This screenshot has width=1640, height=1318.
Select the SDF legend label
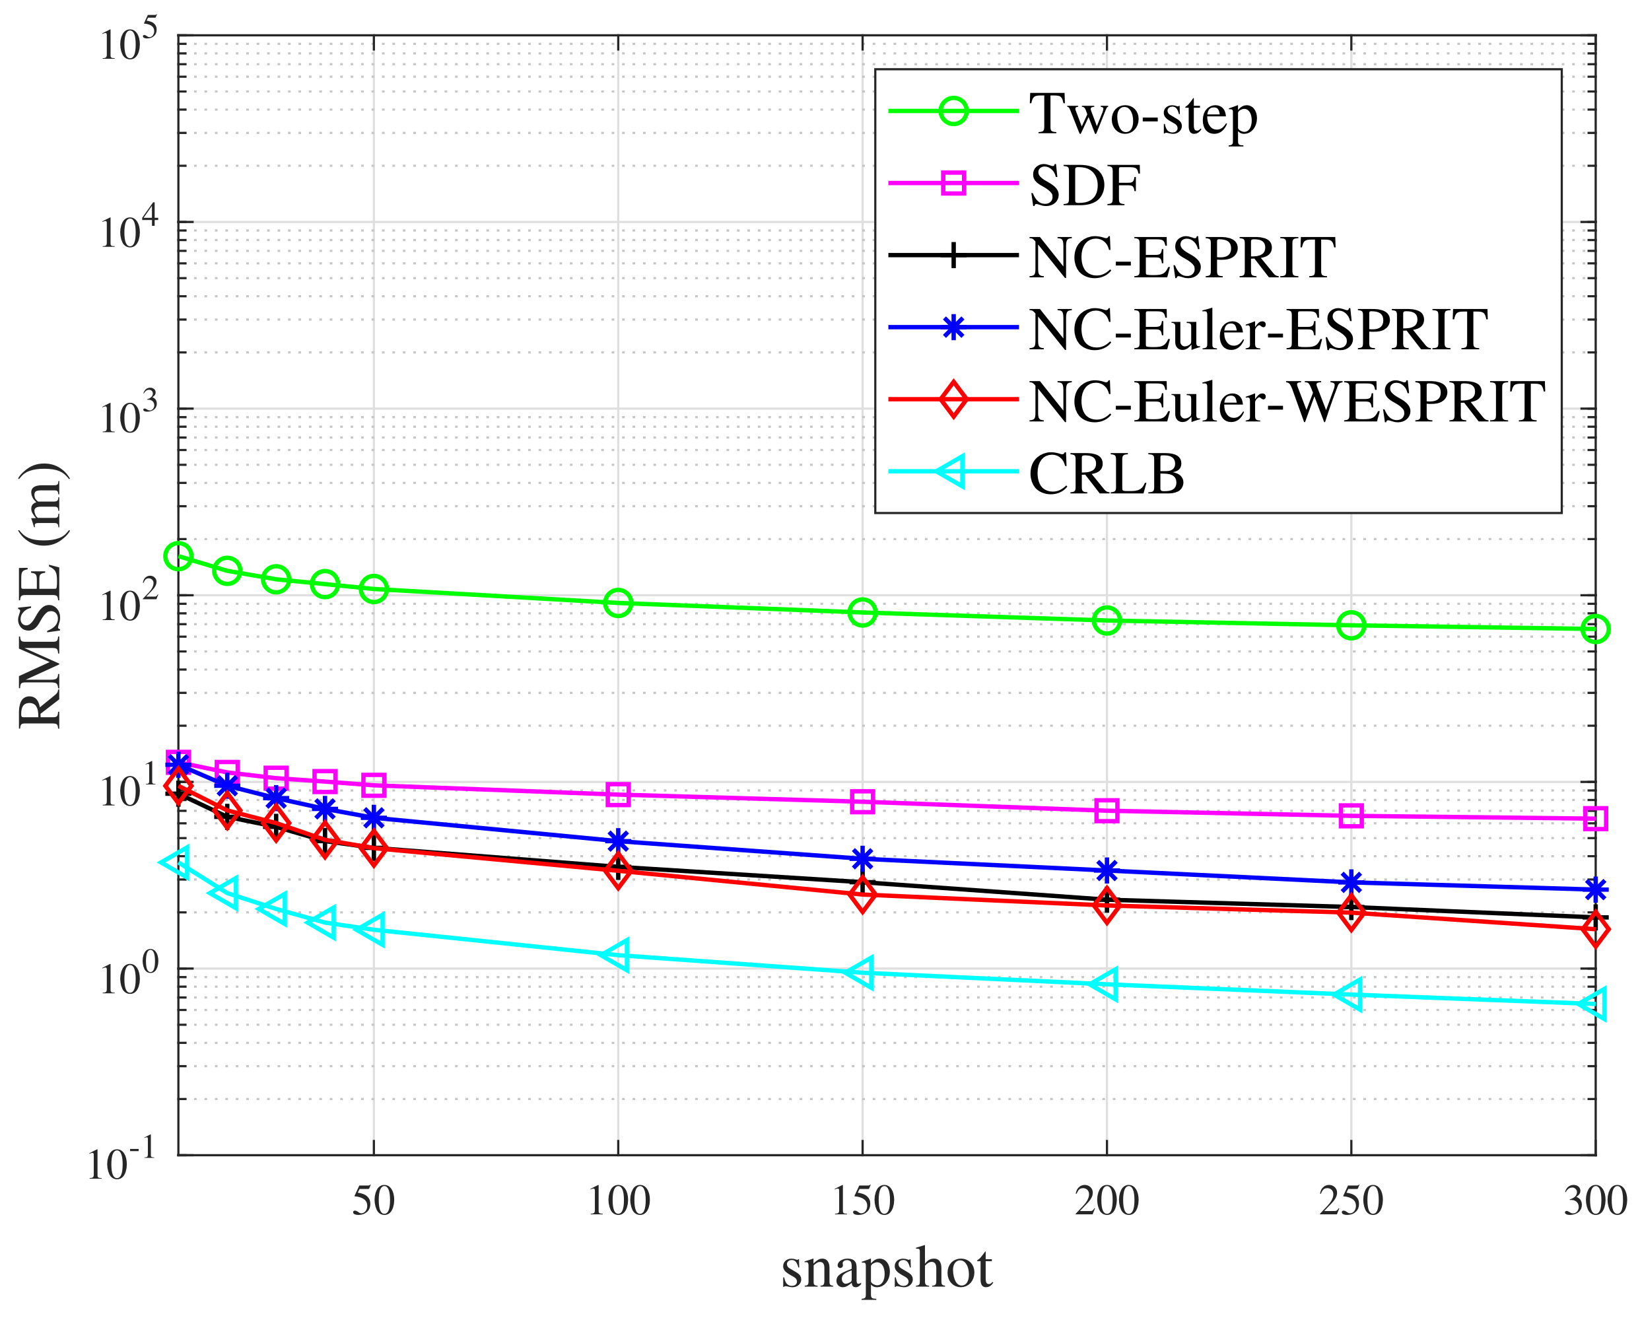(1084, 186)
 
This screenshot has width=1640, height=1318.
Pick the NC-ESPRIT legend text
(1181, 258)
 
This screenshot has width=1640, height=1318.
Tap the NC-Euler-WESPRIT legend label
(1286, 401)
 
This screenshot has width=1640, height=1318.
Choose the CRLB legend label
(1106, 474)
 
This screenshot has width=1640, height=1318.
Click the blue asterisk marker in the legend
(953, 329)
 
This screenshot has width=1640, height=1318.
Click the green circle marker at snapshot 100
(618, 604)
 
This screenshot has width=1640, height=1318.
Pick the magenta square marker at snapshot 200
(1107, 810)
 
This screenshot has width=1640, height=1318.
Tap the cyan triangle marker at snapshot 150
(861, 973)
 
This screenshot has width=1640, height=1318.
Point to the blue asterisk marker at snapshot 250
(1351, 883)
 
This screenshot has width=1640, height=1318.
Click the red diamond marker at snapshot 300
(1595, 929)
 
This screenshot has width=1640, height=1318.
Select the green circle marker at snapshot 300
(1595, 629)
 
